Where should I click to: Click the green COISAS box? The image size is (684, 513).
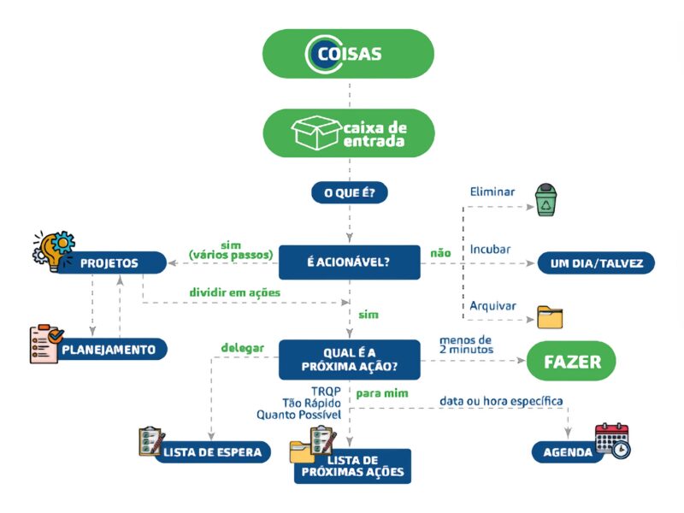coord(348,53)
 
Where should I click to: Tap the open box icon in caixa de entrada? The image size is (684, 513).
coord(315,133)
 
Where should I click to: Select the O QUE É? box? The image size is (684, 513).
coord(349,193)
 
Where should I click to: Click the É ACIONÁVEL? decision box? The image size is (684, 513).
coord(349,262)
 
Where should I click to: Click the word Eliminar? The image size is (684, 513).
coord(492,192)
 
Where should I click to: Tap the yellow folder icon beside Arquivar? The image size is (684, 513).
coord(550,316)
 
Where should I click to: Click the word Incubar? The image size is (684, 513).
coord(491,250)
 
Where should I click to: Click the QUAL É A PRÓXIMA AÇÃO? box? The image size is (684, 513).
coord(349,360)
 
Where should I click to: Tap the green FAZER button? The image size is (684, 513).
coord(572,362)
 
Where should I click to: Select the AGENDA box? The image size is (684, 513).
coord(569,452)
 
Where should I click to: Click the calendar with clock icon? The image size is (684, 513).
coord(612,440)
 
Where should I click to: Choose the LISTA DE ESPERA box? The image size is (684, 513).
coord(215,452)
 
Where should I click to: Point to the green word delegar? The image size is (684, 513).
coord(242,348)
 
